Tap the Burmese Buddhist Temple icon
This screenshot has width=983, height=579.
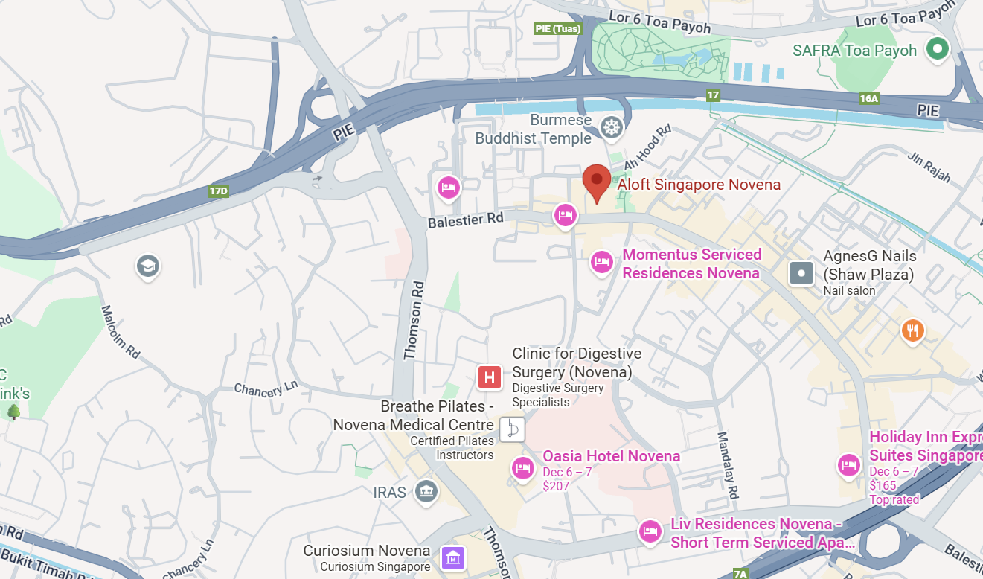612,128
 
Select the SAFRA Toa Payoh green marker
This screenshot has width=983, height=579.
938,50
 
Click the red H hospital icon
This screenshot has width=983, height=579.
490,377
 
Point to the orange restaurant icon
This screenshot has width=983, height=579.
913,330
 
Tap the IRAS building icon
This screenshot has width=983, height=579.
426,491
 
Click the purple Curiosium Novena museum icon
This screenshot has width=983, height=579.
452,557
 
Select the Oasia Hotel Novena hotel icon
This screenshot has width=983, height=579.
523,468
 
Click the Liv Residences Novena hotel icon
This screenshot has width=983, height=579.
650,531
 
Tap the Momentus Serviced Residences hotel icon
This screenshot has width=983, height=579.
601,262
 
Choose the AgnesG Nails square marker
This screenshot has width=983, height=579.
801,273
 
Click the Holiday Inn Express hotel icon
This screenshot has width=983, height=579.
849,466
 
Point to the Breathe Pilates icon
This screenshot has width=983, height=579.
512,429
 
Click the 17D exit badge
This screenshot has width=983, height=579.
218,191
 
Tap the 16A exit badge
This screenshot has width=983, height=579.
868,98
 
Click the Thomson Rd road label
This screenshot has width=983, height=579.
413,321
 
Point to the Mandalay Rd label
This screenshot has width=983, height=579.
727,465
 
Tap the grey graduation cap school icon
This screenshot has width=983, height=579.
148,266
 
